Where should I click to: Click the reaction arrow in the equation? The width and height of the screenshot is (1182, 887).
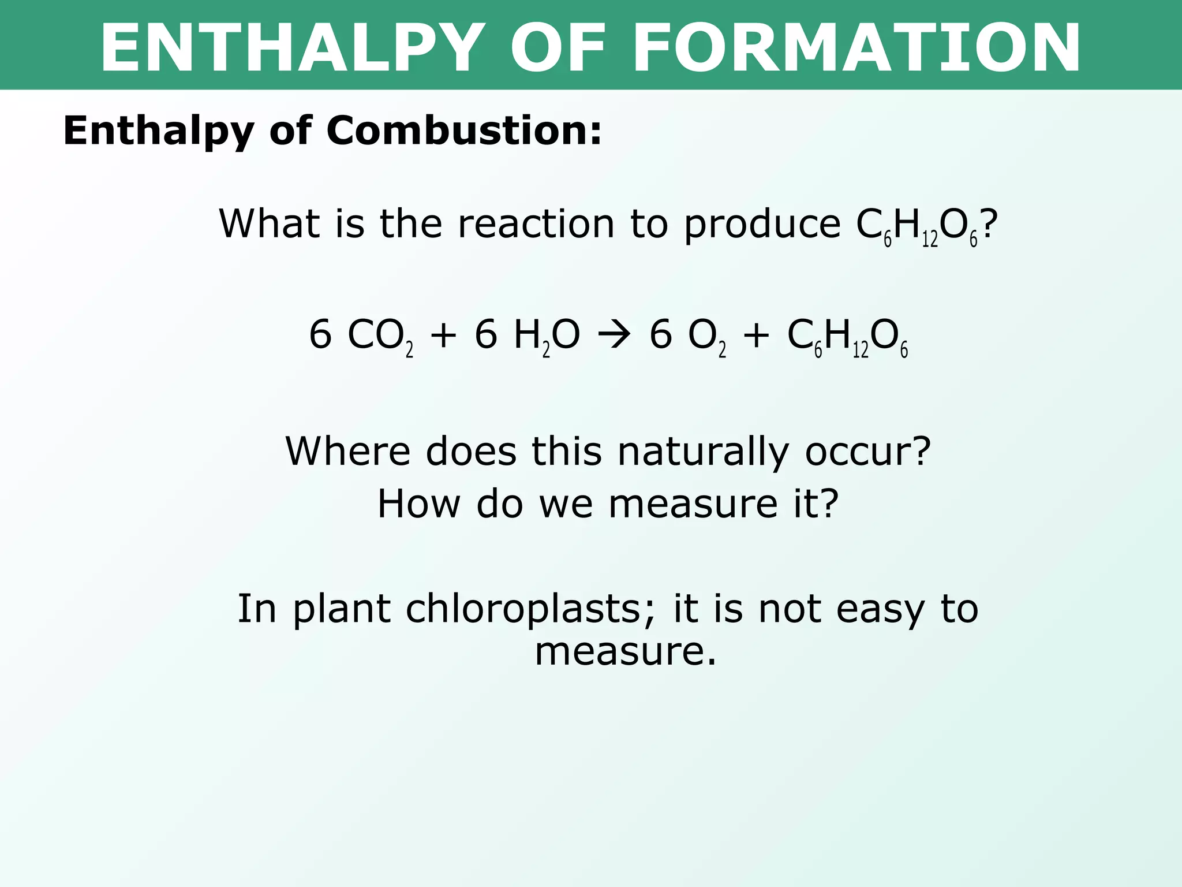tap(614, 336)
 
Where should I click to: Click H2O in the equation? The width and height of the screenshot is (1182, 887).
tap(546, 337)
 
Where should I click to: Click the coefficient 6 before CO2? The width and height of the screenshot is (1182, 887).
tap(320, 335)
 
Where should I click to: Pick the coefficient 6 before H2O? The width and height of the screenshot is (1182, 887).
tap(486, 335)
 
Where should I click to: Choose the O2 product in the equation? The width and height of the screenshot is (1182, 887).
tap(706, 337)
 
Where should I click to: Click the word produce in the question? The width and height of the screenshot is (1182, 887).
tap(762, 225)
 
